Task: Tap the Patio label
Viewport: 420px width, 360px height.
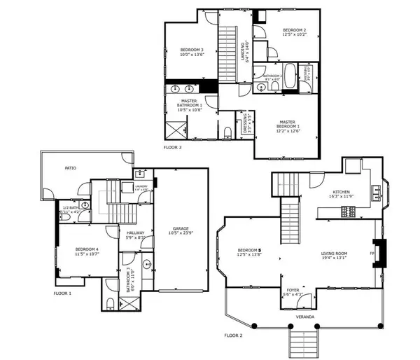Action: (70, 168)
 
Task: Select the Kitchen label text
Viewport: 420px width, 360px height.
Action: (341, 191)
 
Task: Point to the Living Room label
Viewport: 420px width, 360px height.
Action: (335, 254)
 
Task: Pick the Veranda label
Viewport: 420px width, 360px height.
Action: (304, 317)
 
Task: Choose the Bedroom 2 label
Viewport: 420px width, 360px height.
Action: (295, 29)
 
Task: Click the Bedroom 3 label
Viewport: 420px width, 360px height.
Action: (192, 50)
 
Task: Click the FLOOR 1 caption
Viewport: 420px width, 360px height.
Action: (64, 292)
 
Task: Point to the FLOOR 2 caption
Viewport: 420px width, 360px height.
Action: (233, 335)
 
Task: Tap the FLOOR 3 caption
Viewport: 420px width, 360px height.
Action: (172, 148)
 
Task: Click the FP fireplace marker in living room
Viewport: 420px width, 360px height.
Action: (372, 252)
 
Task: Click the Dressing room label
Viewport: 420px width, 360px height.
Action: (244, 123)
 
